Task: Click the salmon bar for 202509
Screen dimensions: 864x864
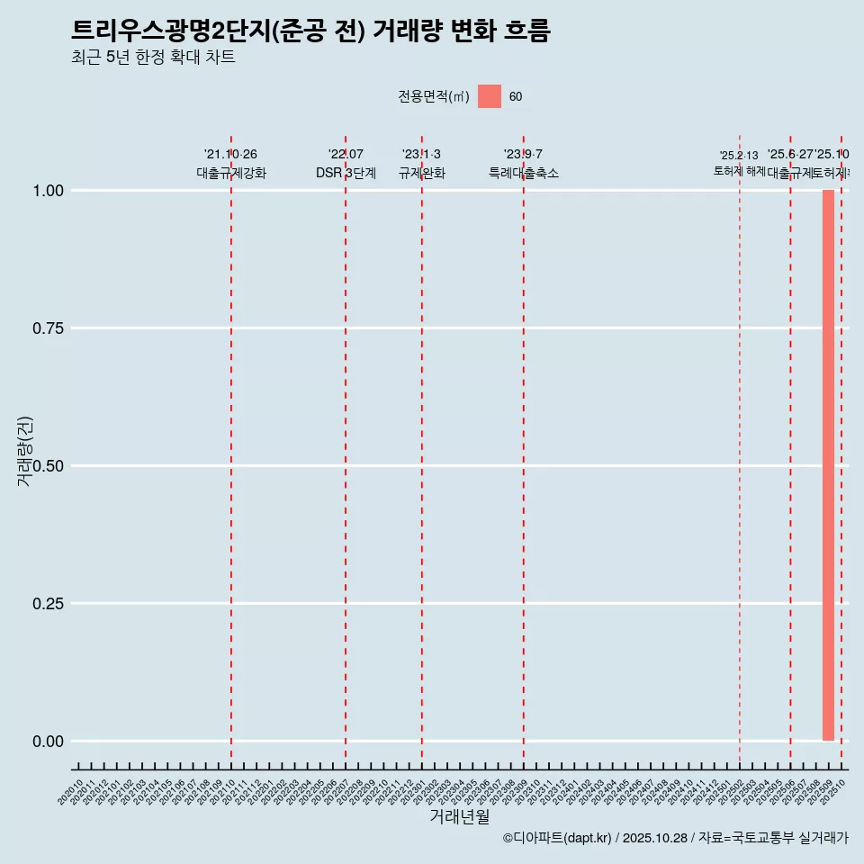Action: [x=828, y=465]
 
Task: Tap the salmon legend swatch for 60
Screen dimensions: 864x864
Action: [x=490, y=96]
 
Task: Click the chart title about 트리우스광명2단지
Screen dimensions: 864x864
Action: [x=310, y=31]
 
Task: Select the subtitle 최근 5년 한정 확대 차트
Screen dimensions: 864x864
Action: [x=153, y=58]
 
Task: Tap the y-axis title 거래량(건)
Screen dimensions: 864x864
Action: [x=24, y=451]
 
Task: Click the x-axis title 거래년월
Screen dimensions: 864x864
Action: [x=459, y=817]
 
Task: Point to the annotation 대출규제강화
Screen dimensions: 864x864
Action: [x=231, y=173]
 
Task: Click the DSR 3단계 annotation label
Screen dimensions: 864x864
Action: [x=346, y=173]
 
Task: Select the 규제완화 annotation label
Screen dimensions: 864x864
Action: [x=421, y=173]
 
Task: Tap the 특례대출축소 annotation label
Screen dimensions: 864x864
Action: [x=523, y=173]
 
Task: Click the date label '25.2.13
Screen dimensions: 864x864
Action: [x=739, y=156]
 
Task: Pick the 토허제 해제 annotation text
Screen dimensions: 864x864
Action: [x=739, y=170]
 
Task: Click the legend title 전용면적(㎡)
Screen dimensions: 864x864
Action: [x=434, y=96]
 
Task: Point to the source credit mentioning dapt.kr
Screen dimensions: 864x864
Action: [x=675, y=838]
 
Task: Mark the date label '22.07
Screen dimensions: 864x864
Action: [x=346, y=155]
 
